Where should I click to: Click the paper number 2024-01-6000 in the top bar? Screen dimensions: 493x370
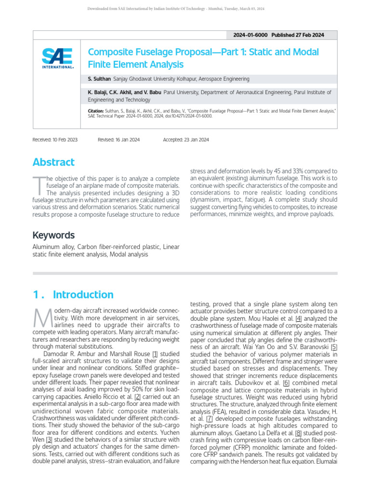(250, 35)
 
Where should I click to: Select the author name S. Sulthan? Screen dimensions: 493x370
(99, 78)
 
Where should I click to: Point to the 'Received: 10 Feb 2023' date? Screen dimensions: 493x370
(54, 140)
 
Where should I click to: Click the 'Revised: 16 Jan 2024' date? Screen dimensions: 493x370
(119, 140)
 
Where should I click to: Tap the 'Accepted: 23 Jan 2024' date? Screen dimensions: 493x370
(186, 140)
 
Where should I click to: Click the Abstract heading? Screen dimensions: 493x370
(53, 162)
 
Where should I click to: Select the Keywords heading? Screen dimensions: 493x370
(53, 235)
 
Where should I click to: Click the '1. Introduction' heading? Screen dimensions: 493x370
(73, 295)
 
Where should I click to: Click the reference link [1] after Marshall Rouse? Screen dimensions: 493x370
(155, 354)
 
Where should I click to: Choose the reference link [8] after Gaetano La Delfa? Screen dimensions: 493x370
(298, 433)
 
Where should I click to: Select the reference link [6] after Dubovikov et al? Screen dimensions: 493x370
(286, 383)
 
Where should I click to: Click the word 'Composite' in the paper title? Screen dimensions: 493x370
(109, 52)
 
